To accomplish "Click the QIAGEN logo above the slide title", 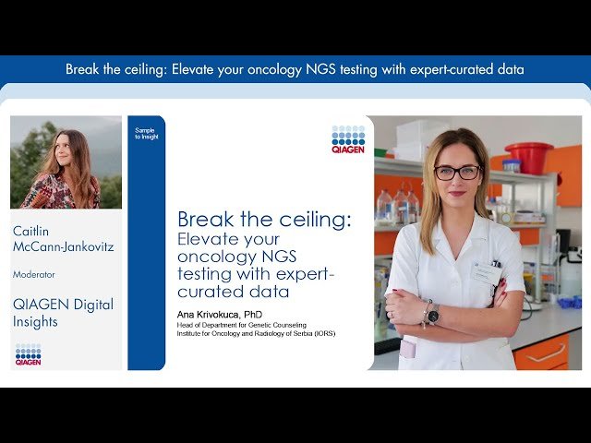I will click(348, 138).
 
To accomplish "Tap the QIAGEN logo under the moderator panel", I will click(28, 354).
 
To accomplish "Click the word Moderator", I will click(33, 274).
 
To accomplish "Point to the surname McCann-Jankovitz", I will click(64, 247).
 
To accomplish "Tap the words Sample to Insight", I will click(146, 134).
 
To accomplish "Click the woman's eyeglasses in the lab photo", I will click(457, 172).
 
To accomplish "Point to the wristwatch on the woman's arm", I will click(432, 314).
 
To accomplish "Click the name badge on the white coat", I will click(485, 270).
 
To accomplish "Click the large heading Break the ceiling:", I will click(264, 220).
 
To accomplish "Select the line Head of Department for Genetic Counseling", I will click(241, 325).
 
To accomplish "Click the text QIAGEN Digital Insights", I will click(62, 313).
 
